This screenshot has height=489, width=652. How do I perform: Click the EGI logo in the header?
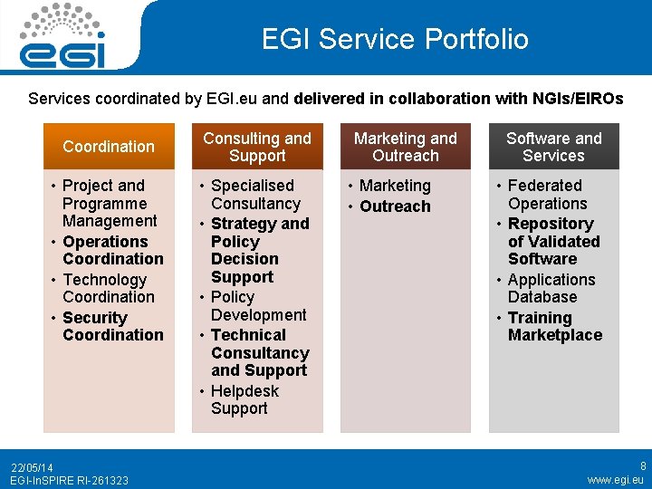[x=62, y=36]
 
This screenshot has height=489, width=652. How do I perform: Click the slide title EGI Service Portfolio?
[x=395, y=39]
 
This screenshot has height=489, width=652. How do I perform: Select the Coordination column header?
[x=109, y=147]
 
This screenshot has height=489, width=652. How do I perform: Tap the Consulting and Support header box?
[x=257, y=147]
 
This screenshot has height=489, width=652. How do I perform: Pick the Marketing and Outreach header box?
[x=406, y=147]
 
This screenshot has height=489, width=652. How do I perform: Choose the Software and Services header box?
[x=553, y=147]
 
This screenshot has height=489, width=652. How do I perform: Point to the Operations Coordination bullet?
[x=112, y=250]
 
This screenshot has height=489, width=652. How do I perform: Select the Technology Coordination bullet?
[x=108, y=288]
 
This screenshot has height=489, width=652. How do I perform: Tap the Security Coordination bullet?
[x=112, y=326]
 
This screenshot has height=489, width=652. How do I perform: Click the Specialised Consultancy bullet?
[x=254, y=195]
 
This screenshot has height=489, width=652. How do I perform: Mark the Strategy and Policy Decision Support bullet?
[x=258, y=250]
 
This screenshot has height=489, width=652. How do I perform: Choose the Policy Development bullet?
[x=258, y=306]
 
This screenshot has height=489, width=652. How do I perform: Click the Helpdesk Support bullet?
[x=244, y=399]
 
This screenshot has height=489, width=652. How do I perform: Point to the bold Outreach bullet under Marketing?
[x=395, y=206]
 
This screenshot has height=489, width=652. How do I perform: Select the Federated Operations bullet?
[x=546, y=195]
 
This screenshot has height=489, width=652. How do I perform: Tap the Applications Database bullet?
[x=551, y=288]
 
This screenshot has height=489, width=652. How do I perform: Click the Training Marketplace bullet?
[x=554, y=326]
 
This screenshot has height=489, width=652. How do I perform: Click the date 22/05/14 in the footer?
[x=32, y=467]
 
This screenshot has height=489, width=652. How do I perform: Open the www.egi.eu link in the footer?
[x=616, y=480]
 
